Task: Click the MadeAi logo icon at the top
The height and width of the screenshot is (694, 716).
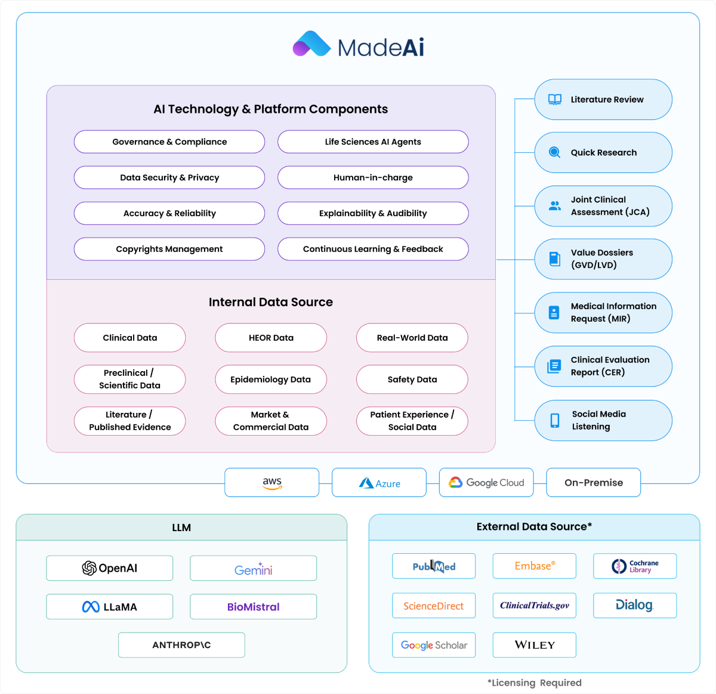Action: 311,44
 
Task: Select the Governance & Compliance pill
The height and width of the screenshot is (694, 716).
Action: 169,142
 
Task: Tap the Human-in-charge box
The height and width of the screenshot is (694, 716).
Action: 373,178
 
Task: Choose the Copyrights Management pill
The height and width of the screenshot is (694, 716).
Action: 169,249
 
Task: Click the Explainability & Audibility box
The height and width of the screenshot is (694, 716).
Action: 373,214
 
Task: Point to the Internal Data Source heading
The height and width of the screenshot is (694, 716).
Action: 271,303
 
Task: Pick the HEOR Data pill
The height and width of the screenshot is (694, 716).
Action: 271,338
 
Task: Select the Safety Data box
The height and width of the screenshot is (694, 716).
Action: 412,380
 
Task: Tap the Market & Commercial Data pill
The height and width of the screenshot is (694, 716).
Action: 271,421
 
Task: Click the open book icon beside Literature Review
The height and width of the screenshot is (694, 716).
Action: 555,100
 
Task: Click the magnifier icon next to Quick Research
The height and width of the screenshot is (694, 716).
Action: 555,153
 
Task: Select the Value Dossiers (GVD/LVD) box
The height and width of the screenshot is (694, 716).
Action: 603,259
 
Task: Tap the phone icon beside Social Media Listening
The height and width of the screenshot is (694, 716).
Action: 555,421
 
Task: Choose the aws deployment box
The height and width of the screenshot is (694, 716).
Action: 272,483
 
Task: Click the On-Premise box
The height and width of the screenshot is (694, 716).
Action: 594,483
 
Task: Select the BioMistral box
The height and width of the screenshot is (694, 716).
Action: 253,607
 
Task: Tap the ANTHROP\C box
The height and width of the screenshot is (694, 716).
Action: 181,645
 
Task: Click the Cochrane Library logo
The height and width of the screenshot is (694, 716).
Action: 635,566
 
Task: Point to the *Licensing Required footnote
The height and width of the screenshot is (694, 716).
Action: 534,683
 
